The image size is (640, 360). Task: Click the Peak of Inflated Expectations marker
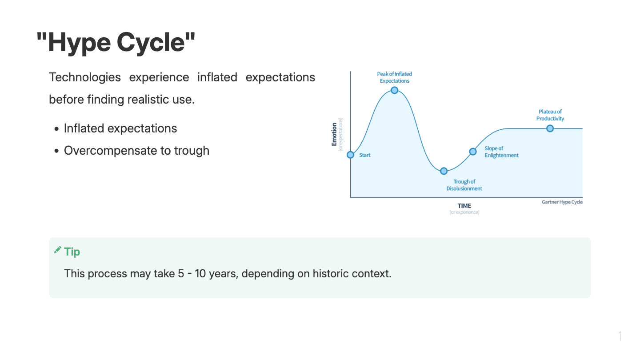[x=394, y=90]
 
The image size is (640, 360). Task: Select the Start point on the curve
[x=350, y=155]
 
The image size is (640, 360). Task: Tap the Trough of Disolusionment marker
[x=444, y=171]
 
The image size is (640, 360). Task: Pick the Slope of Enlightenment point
[x=473, y=152]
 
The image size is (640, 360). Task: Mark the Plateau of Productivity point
[x=550, y=128]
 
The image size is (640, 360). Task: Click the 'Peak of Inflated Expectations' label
[x=394, y=77]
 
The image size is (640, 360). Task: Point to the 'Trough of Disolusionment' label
[x=464, y=185]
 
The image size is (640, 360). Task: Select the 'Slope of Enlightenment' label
[x=501, y=152]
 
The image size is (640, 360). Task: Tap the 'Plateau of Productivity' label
[x=550, y=115]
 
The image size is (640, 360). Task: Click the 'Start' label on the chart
[x=364, y=155]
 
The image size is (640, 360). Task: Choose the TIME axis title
[x=464, y=206]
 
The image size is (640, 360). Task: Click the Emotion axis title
[x=334, y=134]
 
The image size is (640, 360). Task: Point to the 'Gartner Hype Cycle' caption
[x=562, y=202]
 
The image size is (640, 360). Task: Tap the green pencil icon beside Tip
[x=58, y=250]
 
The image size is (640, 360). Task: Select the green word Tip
[x=72, y=252]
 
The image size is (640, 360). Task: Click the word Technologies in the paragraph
[x=85, y=77]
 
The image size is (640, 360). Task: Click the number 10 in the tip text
[x=200, y=273]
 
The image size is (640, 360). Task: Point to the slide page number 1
[x=620, y=336]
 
